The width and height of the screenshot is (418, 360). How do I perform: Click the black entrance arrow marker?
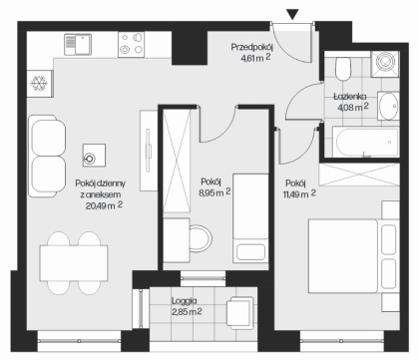pos(293,14)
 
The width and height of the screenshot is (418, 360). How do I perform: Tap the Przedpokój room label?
pos(252,47)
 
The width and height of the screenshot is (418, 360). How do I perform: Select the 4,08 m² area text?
pos(353,107)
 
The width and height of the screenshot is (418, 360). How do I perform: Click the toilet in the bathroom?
pos(343,69)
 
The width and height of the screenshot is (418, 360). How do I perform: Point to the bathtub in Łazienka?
pos(366,142)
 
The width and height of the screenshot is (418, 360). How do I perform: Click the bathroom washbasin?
pos(388,106)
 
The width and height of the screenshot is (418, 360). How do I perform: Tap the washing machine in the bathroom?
pos(385,64)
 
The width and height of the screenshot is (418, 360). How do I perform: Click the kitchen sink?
pos(78,44)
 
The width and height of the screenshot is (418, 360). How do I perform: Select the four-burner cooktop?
pos(131,44)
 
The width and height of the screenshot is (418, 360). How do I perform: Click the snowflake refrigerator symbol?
pos(39,83)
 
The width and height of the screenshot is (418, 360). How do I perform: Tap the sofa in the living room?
pos(47,156)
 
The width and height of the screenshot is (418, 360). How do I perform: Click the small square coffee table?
pos(94,156)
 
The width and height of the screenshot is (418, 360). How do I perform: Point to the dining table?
pos(74,263)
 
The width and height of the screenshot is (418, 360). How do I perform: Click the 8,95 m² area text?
pos(214,192)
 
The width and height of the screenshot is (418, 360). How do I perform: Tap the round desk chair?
pos(201,238)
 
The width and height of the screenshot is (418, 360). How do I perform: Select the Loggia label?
pos(184,301)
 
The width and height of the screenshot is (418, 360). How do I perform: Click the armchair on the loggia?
pos(240,312)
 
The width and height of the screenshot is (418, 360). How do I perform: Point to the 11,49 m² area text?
pos(299,194)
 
